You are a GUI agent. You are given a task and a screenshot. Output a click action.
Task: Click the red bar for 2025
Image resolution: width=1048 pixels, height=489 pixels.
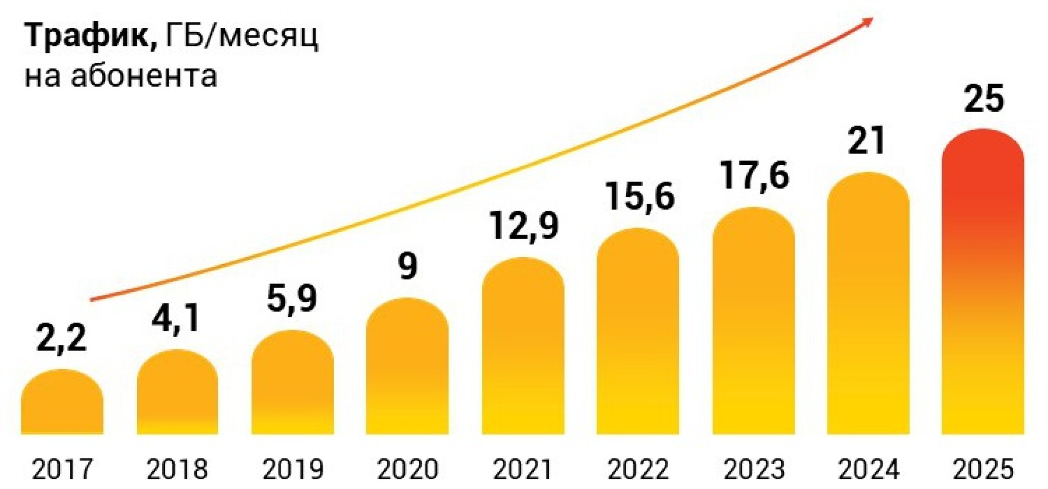(x=982, y=284)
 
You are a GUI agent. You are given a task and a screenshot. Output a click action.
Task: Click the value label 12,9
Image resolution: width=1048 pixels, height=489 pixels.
(x=524, y=226)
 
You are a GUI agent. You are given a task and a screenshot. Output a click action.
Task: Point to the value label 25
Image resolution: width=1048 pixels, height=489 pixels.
(x=984, y=99)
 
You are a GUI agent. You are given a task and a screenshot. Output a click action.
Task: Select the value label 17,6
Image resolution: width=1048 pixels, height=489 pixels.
(x=754, y=175)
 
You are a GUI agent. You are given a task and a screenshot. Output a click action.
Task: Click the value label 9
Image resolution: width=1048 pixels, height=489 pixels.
(x=408, y=266)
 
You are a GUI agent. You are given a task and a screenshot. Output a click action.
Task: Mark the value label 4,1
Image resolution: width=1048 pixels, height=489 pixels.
(x=176, y=318)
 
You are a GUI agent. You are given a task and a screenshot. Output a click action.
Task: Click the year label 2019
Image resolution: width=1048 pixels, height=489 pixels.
(x=293, y=470)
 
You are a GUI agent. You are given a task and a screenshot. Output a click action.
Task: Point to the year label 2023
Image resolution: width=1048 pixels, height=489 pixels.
(x=754, y=470)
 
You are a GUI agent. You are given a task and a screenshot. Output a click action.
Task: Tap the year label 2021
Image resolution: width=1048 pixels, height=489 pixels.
(x=523, y=470)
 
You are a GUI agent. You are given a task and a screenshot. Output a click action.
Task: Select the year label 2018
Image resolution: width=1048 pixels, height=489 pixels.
(x=177, y=470)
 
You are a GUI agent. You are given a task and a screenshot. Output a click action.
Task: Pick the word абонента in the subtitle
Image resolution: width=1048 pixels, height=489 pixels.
(x=144, y=75)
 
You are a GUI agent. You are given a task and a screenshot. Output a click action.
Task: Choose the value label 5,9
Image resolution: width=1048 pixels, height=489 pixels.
(x=292, y=299)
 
